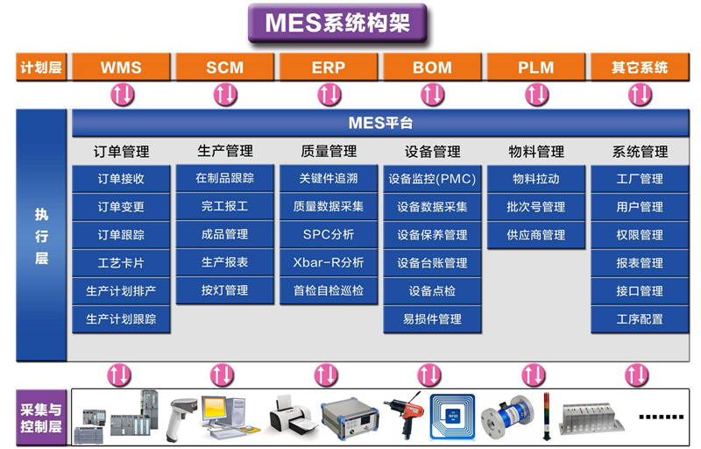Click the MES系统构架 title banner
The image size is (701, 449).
pyautogui.click(x=337, y=23)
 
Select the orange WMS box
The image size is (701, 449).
pyautogui.click(x=121, y=67)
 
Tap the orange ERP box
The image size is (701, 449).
pyautogui.click(x=329, y=67)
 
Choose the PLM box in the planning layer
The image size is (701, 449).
pyautogui.click(x=536, y=67)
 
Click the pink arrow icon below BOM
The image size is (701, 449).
pyautogui.click(x=433, y=95)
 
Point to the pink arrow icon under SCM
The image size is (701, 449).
pyautogui.click(x=225, y=95)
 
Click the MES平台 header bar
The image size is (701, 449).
pyautogui.click(x=380, y=123)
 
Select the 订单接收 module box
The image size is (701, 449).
pyautogui.click(x=121, y=179)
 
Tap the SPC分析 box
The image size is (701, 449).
pyautogui.click(x=329, y=234)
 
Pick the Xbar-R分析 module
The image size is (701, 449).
pyautogui.click(x=329, y=262)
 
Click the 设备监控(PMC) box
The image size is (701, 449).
pyautogui.click(x=432, y=179)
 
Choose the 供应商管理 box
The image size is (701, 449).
pyautogui.click(x=536, y=235)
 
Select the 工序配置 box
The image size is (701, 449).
pyautogui.click(x=640, y=319)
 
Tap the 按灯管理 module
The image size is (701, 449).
pyautogui.click(x=225, y=290)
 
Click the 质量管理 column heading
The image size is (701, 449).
pyautogui.click(x=329, y=151)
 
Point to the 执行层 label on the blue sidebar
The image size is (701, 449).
pyautogui.click(x=41, y=236)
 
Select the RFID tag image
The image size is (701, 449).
pyautogui.click(x=452, y=416)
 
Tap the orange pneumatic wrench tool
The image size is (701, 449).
pyautogui.click(x=404, y=415)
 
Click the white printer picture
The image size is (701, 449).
pyautogui.click(x=291, y=414)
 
